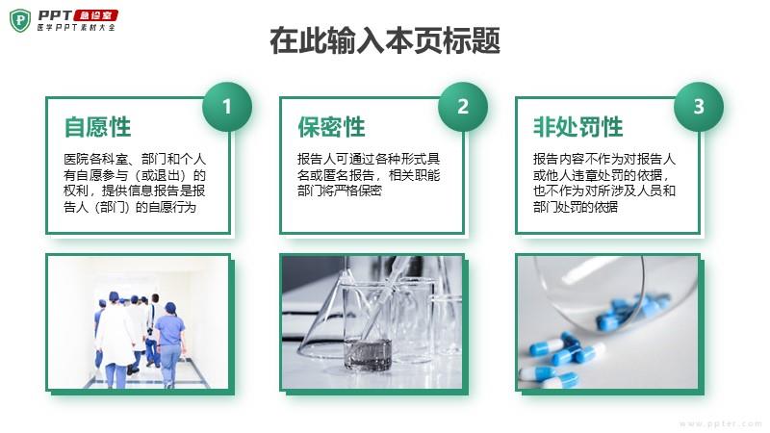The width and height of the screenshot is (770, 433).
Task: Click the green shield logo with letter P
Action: tap(20, 20)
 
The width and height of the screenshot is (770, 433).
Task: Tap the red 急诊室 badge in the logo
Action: tap(95, 15)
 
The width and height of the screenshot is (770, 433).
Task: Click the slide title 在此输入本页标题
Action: tap(385, 40)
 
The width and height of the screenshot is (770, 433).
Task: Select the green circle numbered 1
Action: tap(227, 107)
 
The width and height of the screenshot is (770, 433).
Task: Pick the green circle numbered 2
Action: tap(463, 107)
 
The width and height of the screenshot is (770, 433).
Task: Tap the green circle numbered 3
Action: tap(699, 107)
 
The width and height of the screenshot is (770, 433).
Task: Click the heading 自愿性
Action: tap(98, 127)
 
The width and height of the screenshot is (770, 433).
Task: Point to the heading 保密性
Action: tap(331, 127)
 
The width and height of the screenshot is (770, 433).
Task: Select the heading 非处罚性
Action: tap(578, 127)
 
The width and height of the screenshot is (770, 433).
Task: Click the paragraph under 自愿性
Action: tap(135, 183)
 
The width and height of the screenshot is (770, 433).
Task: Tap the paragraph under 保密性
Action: tap(369, 175)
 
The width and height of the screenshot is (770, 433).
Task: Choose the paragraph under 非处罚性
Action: tap(604, 183)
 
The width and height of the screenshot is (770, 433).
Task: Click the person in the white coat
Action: tap(116, 341)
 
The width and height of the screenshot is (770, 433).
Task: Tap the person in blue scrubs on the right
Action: tap(169, 344)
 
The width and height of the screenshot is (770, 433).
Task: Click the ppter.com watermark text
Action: tap(721, 423)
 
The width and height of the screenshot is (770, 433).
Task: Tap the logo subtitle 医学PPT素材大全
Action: tap(76, 28)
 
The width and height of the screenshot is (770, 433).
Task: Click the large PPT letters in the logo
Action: tap(55, 15)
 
